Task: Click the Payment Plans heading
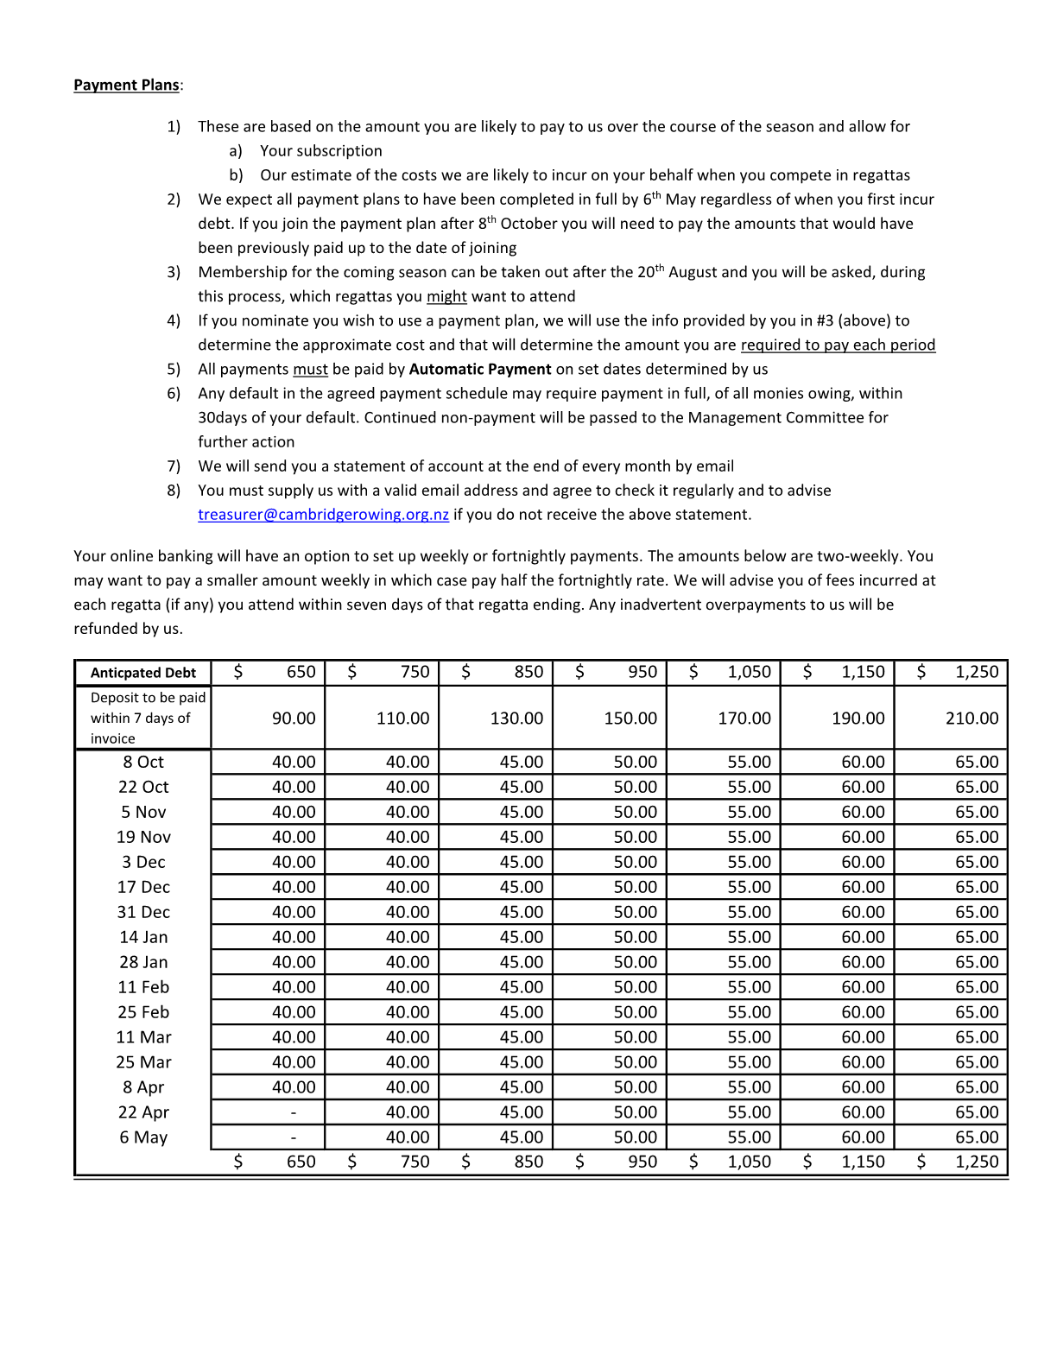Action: (127, 85)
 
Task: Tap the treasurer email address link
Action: (323, 515)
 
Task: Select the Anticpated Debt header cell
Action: (143, 673)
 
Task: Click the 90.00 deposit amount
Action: (294, 719)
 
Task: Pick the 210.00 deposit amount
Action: (972, 719)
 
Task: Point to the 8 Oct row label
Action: (143, 762)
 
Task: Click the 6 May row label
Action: (143, 1137)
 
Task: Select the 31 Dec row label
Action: (143, 912)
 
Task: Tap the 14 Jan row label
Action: (143, 937)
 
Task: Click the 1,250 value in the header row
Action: (977, 672)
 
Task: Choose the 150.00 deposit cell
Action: (630, 719)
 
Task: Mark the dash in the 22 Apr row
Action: (294, 1112)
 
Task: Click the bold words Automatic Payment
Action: (480, 370)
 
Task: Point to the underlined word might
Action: (446, 297)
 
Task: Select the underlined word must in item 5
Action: (310, 370)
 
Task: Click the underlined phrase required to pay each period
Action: (838, 345)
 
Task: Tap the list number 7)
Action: (174, 466)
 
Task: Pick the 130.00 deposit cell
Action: (516, 719)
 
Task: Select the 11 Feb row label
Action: (143, 987)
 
